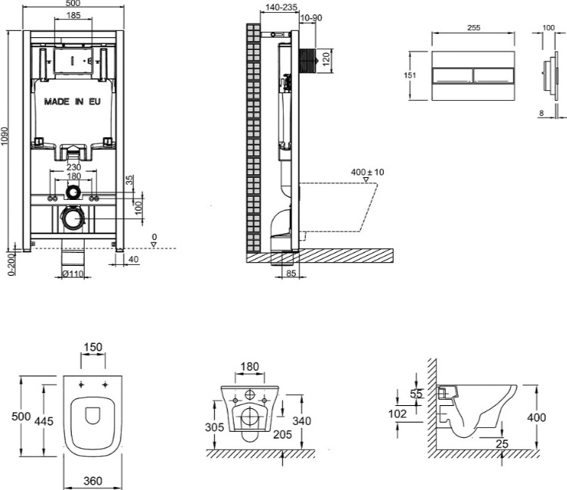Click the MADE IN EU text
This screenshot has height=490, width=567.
73,101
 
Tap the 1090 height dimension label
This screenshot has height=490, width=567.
5,136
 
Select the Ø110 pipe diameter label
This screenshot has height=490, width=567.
73,274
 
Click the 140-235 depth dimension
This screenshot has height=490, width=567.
282,7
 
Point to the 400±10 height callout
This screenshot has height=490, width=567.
367,172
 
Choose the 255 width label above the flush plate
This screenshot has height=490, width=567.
474,27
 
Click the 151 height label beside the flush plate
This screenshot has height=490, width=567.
410,75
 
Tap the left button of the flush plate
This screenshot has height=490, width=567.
453,76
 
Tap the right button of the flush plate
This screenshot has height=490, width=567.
494,76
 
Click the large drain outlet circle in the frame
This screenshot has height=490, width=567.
73,218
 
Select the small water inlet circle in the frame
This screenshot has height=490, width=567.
73,192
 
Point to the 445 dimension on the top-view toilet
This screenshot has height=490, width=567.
44,421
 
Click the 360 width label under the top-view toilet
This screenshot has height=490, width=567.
93,481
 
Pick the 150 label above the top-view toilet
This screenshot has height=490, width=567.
93,347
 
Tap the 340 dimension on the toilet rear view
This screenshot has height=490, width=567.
301,421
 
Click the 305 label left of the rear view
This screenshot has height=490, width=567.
214,427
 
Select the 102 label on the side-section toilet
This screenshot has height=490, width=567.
397,414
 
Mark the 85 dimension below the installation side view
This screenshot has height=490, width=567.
291,273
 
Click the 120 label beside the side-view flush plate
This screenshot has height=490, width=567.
326,59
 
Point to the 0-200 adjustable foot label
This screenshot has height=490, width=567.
11,264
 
